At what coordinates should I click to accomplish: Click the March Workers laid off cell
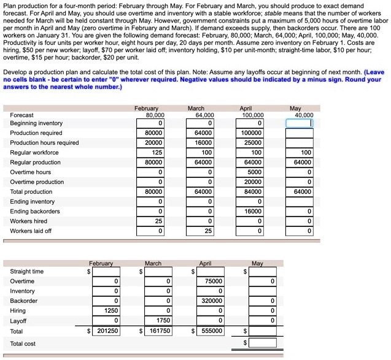199,231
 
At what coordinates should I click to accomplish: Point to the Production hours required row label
44,143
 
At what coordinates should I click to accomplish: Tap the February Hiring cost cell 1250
106,311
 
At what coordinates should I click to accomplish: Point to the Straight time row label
27,272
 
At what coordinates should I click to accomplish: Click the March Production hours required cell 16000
199,143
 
